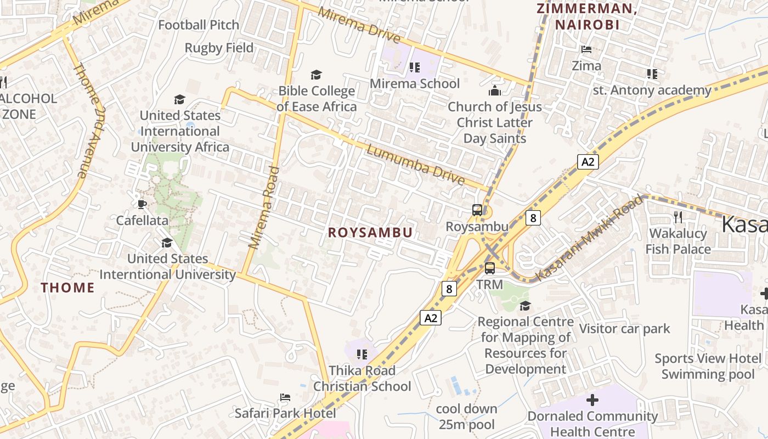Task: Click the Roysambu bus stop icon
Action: pyautogui.click(x=477, y=210)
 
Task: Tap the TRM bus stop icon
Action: pyautogui.click(x=490, y=268)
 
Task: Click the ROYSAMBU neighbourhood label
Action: pyautogui.click(x=370, y=233)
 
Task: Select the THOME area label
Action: pyautogui.click(x=67, y=288)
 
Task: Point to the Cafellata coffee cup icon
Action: pyautogui.click(x=142, y=205)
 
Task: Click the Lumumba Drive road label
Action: pyautogui.click(x=415, y=165)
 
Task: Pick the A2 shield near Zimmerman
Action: pyautogui.click(x=588, y=162)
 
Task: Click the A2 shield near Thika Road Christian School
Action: pyautogui.click(x=431, y=318)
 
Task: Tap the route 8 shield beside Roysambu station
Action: pyautogui.click(x=532, y=218)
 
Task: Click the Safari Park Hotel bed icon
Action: pyautogui.click(x=285, y=397)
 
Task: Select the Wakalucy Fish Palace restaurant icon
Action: pyautogui.click(x=678, y=217)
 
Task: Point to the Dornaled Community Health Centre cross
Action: pyautogui.click(x=592, y=400)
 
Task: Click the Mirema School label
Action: pyautogui.click(x=415, y=83)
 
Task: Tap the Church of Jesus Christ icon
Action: pyautogui.click(x=495, y=91)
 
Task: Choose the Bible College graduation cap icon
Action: pyautogui.click(x=316, y=75)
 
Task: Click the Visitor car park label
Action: pyautogui.click(x=625, y=329)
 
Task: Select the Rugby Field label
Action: pyautogui.click(x=219, y=48)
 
